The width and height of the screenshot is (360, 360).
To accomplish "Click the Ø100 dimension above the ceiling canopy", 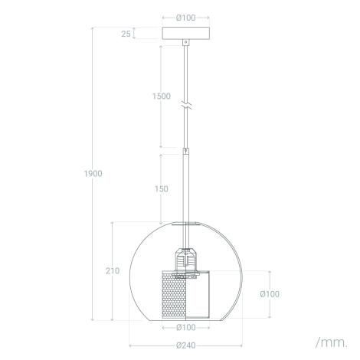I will point(184,18).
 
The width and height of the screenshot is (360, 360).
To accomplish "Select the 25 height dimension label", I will point(125,34).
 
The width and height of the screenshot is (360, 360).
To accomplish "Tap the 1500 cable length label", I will point(139,97).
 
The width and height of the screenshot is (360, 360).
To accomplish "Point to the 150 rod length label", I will point(140,189).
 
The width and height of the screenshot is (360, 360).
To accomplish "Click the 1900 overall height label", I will point(93,173).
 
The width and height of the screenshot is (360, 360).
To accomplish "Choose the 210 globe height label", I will point(112,271).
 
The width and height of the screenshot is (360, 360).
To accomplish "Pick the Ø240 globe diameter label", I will point(185,346).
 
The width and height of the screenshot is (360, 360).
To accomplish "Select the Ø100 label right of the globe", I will point(268,294).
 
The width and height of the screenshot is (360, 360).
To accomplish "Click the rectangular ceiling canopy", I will point(185,34).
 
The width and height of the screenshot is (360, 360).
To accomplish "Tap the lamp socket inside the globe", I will point(185,260).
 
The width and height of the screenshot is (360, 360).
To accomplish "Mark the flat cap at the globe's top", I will point(185,224).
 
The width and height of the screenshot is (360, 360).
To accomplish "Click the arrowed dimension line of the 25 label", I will point(135,34).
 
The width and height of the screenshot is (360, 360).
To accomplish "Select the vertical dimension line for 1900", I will point(93,230).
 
